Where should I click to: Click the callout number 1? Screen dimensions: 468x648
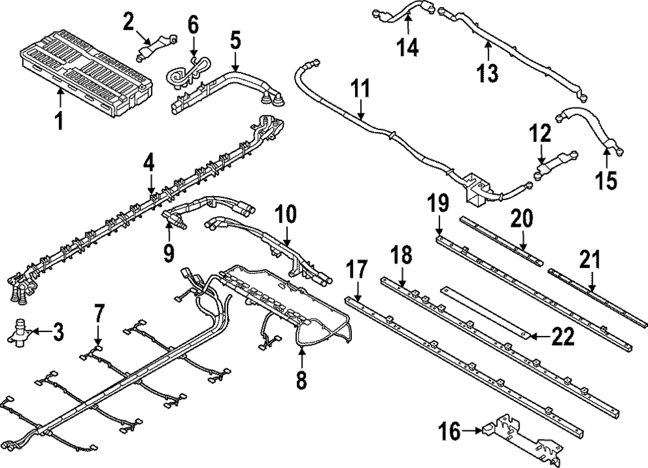[x=59, y=120]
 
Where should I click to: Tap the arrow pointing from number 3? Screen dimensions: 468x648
[x=40, y=333]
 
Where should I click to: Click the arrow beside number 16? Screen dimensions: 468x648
[x=472, y=429]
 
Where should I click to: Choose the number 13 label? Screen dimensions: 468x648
[x=489, y=72]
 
